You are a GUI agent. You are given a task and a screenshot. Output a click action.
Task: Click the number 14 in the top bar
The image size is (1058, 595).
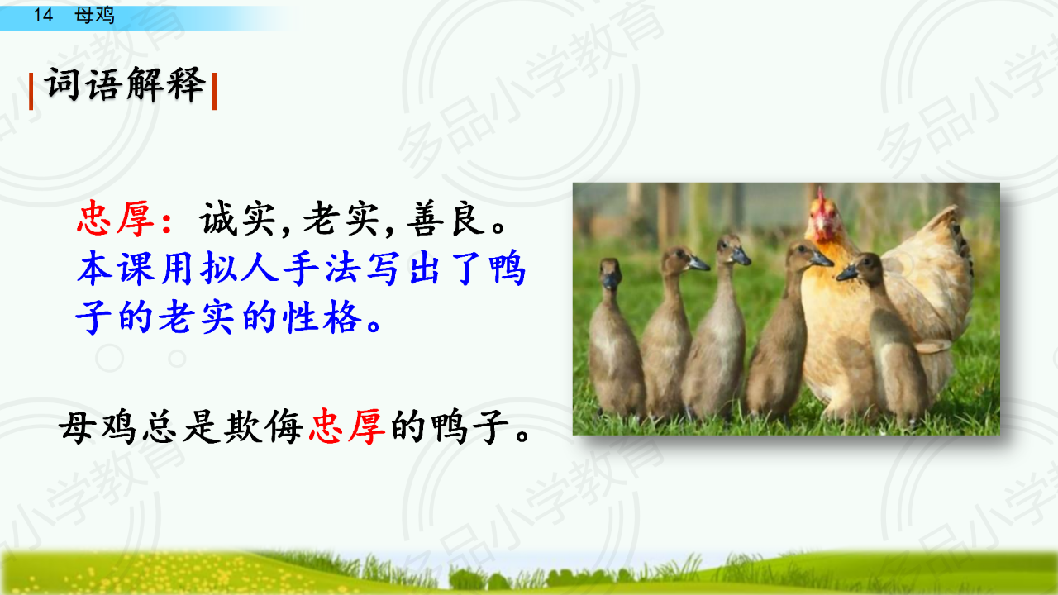point(43,15)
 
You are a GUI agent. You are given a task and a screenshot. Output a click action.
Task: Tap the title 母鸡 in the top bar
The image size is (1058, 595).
point(94,15)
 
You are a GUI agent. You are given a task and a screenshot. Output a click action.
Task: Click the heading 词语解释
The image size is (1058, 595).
point(125,84)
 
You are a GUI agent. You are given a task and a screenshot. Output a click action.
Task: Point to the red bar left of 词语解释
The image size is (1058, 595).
point(31,91)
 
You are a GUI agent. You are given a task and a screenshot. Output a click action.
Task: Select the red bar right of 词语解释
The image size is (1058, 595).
point(214,91)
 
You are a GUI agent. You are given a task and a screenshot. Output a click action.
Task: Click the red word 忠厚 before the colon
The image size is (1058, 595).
point(115,219)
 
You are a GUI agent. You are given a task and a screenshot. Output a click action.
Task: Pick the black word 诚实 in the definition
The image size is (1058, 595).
point(237,219)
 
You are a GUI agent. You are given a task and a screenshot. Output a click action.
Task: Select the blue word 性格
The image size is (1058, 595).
point(322,317)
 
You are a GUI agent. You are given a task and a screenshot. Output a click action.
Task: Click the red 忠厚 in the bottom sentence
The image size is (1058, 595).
point(347,427)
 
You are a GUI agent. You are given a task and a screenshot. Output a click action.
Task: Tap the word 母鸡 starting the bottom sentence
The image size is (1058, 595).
point(98,427)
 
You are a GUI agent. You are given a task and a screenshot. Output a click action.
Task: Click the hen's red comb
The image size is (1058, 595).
point(821,201)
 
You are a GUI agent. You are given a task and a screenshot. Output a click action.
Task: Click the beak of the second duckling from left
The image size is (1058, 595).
point(698,264)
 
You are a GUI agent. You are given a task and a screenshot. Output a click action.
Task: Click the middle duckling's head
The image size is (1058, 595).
point(730,249)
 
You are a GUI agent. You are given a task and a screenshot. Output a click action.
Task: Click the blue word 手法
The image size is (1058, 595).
point(322,269)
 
